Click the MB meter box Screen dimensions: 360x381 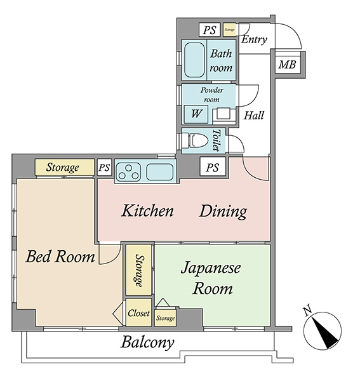coord(288,65)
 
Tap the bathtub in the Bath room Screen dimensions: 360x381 coord(194,60)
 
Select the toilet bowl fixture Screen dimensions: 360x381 coord(198,141)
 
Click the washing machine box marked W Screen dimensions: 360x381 coord(196,114)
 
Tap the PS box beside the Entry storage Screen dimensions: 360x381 coord(210,30)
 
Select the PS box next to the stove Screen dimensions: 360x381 coord(105,167)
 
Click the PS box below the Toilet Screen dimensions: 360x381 coord(213,166)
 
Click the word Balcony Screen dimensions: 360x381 coord(147,343)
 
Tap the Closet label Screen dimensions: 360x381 coord(138,313)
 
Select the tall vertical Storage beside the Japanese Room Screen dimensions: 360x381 coord(138,270)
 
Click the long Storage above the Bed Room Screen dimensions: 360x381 coord(65,167)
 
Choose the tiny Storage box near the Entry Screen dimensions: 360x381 coord(229,30)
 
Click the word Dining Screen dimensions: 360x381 coord(223,211)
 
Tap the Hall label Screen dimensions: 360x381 coord(254,116)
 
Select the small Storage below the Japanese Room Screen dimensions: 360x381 coord(166,318)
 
